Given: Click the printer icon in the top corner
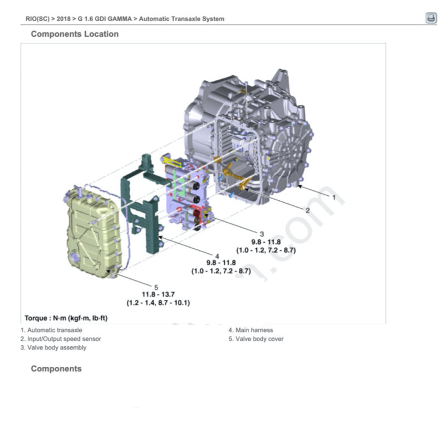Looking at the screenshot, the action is pos(431,18).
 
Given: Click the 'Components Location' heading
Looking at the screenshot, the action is pos(75,34).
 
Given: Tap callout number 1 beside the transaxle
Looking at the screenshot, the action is pos(334,197).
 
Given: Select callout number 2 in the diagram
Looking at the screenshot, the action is pos(307,210).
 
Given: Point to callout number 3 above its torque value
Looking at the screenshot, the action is pos(262,234).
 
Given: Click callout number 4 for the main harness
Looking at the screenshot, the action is pos(217,257).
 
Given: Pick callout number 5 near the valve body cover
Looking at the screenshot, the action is pos(156,287).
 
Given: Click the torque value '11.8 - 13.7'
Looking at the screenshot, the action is pos(158,294).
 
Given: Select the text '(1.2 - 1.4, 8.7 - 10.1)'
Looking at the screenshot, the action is pos(158,303).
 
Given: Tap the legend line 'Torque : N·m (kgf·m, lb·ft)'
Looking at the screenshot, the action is pos(66,318).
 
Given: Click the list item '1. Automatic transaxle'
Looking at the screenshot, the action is pos(51,330).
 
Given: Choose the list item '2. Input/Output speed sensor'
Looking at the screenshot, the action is pos(61,339).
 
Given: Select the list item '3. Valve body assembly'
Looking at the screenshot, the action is pos(53,348).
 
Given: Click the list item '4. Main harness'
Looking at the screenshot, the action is pos(250,330).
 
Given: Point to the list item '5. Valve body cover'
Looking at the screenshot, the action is pos(256,339).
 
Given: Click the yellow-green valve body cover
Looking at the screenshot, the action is pos(93,232).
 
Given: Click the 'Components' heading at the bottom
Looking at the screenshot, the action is pos(56,368).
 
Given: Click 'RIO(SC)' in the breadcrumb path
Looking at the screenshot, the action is pos(37,19).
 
